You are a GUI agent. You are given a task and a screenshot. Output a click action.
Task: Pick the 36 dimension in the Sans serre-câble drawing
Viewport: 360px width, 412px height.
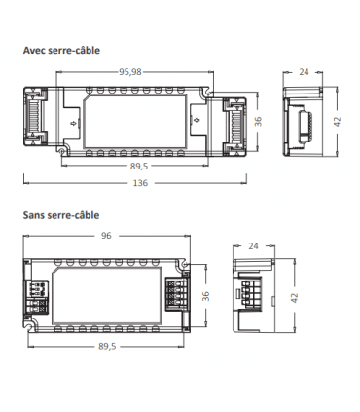click(x=204, y=295)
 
